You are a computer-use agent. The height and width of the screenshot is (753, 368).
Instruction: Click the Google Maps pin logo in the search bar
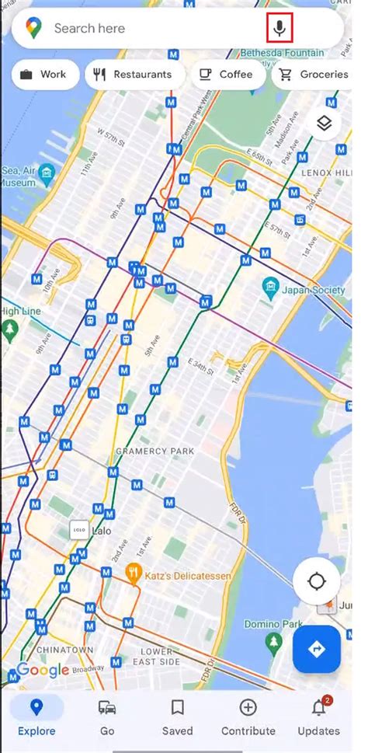33,30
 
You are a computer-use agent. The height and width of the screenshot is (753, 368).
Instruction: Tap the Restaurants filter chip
133,75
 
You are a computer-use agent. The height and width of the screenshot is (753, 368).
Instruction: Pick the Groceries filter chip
314,75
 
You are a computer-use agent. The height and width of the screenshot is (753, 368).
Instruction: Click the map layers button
324,123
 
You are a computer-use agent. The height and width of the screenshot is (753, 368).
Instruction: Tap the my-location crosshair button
317,581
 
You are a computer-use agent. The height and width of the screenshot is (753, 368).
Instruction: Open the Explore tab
36,716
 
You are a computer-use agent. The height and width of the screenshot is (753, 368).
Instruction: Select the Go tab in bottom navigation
107,716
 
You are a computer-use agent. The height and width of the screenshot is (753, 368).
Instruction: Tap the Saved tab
177,716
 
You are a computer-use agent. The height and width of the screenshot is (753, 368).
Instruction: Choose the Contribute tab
248,716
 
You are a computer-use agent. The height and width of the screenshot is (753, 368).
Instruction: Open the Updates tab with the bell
318,716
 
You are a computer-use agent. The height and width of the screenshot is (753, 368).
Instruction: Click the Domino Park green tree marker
273,642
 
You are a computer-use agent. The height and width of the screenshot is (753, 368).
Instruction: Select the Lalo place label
101,532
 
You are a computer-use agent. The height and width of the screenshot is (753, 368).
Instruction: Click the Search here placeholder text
89,30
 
